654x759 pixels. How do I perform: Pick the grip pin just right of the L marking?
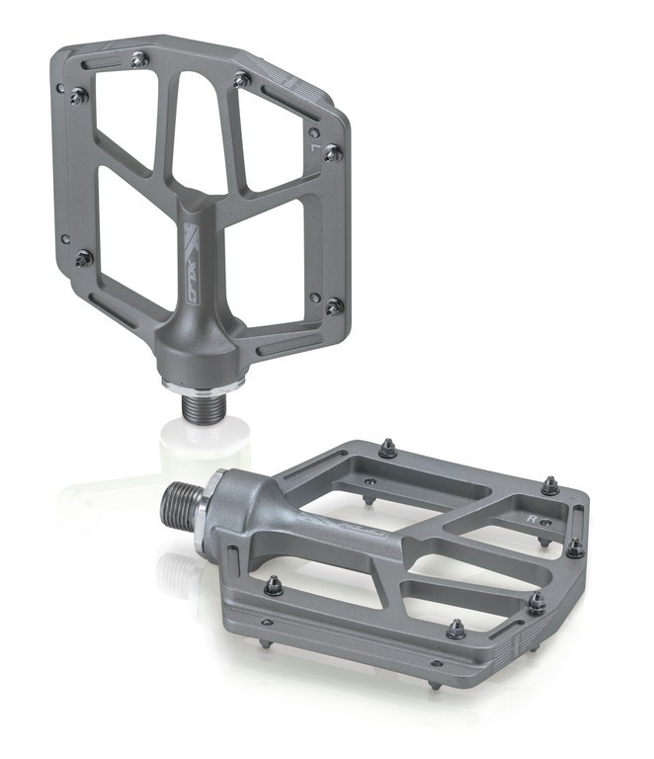(333, 153)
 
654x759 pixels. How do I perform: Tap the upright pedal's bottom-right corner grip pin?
(334, 305)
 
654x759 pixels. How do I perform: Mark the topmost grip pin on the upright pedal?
(139, 60)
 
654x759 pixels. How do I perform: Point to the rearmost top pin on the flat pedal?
(387, 450)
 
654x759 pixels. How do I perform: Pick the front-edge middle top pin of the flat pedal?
(455, 629)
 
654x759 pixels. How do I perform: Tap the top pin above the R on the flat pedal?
(550, 485)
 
